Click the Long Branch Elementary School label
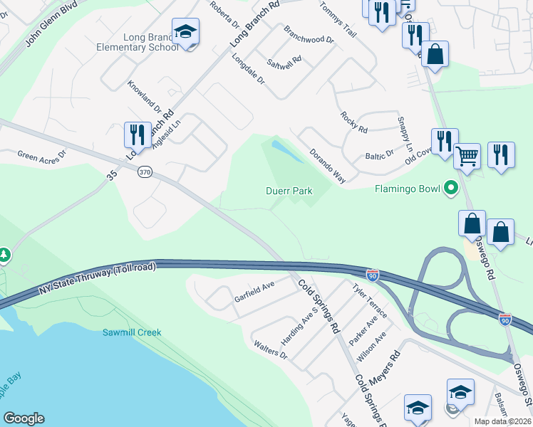click(x=138, y=42)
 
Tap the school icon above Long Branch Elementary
click(x=185, y=32)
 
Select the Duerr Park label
click(x=289, y=191)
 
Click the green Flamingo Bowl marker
click(x=450, y=189)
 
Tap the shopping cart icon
click(x=467, y=156)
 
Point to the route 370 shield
click(x=145, y=172)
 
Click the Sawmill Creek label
click(x=132, y=332)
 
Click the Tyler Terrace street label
click(x=370, y=301)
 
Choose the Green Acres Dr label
click(x=41, y=154)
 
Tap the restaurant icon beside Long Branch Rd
click(x=136, y=134)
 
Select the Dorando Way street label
click(x=327, y=165)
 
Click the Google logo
click(x=24, y=418)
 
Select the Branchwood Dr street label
click(x=309, y=34)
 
